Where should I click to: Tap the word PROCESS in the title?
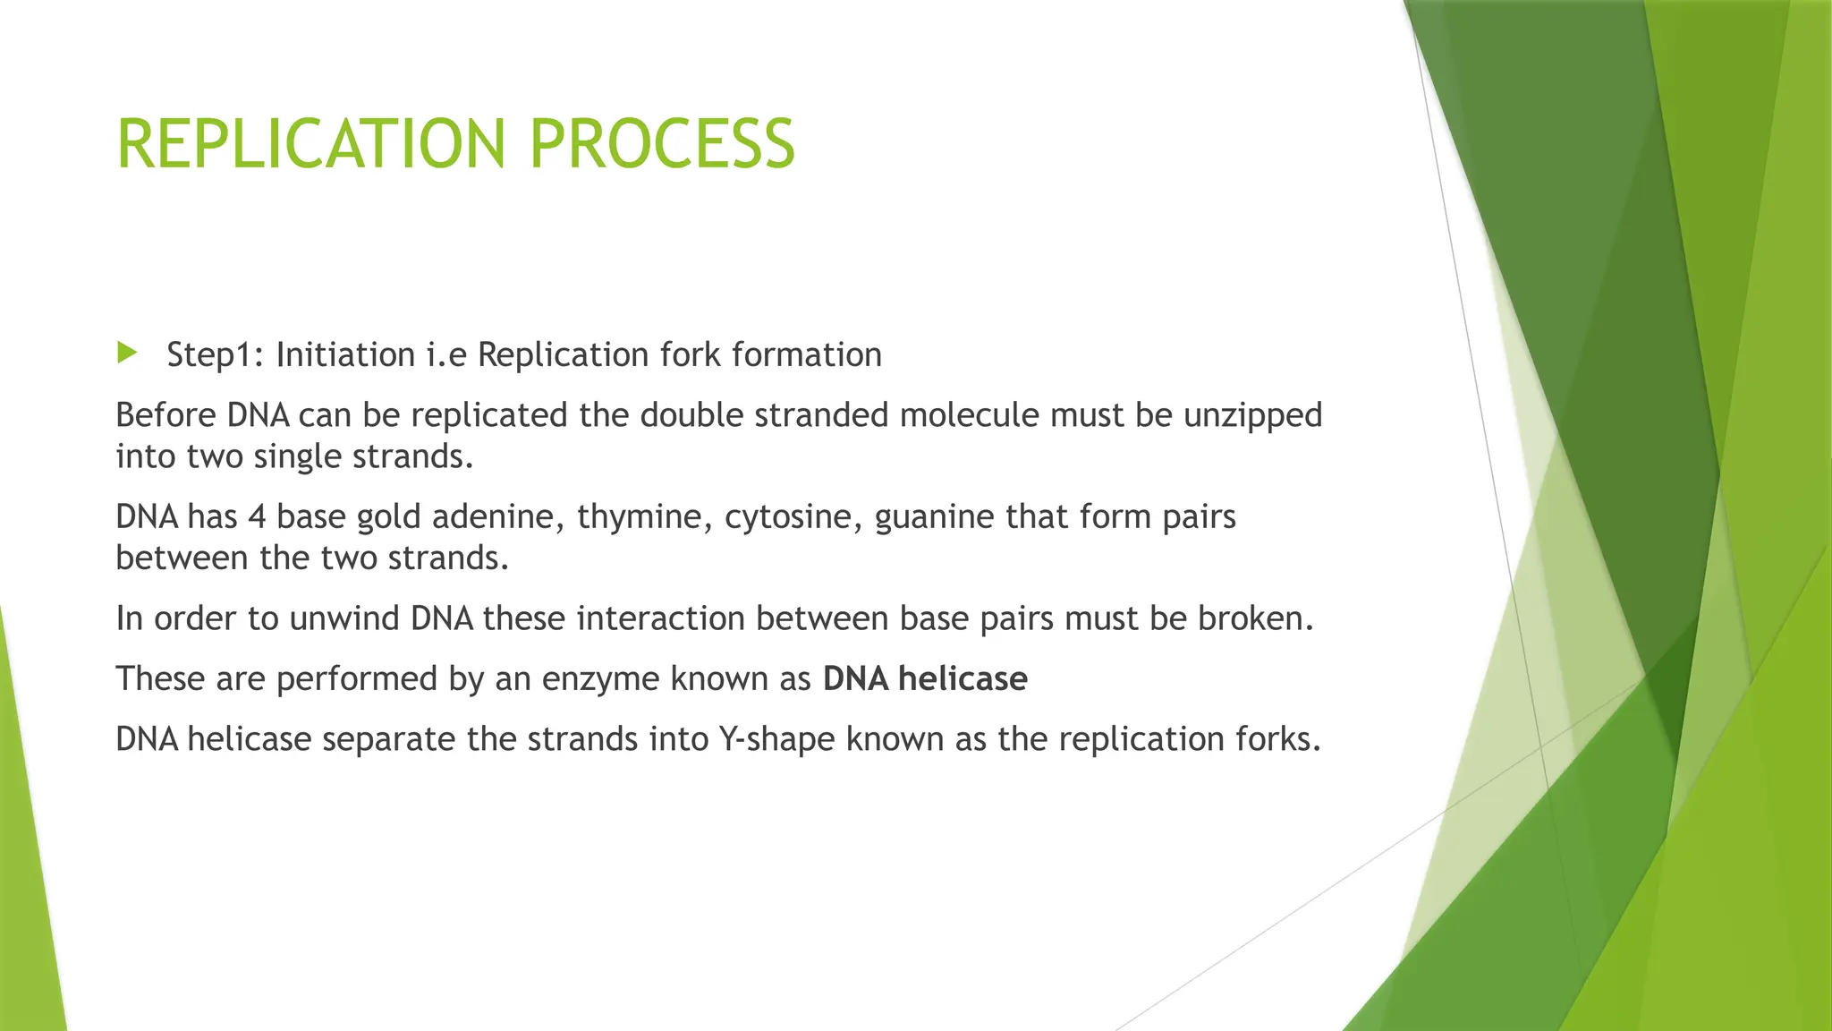coord(661,144)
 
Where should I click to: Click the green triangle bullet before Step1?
coord(126,353)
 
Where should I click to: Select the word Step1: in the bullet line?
coord(215,355)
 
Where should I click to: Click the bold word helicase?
coord(963,679)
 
